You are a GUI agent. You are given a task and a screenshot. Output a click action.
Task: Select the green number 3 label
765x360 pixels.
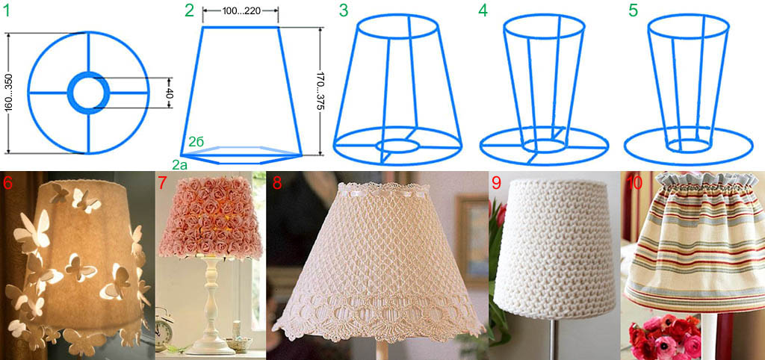click(x=344, y=10)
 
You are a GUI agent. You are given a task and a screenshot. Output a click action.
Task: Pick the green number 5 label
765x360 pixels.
click(x=634, y=10)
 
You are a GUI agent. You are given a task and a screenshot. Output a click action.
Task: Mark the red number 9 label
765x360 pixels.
click(x=496, y=182)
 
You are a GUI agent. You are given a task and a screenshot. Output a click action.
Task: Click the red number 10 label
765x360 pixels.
click(x=632, y=182)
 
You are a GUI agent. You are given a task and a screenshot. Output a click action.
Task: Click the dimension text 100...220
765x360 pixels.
click(x=240, y=12)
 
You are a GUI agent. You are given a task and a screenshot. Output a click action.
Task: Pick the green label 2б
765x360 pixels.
click(x=196, y=142)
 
